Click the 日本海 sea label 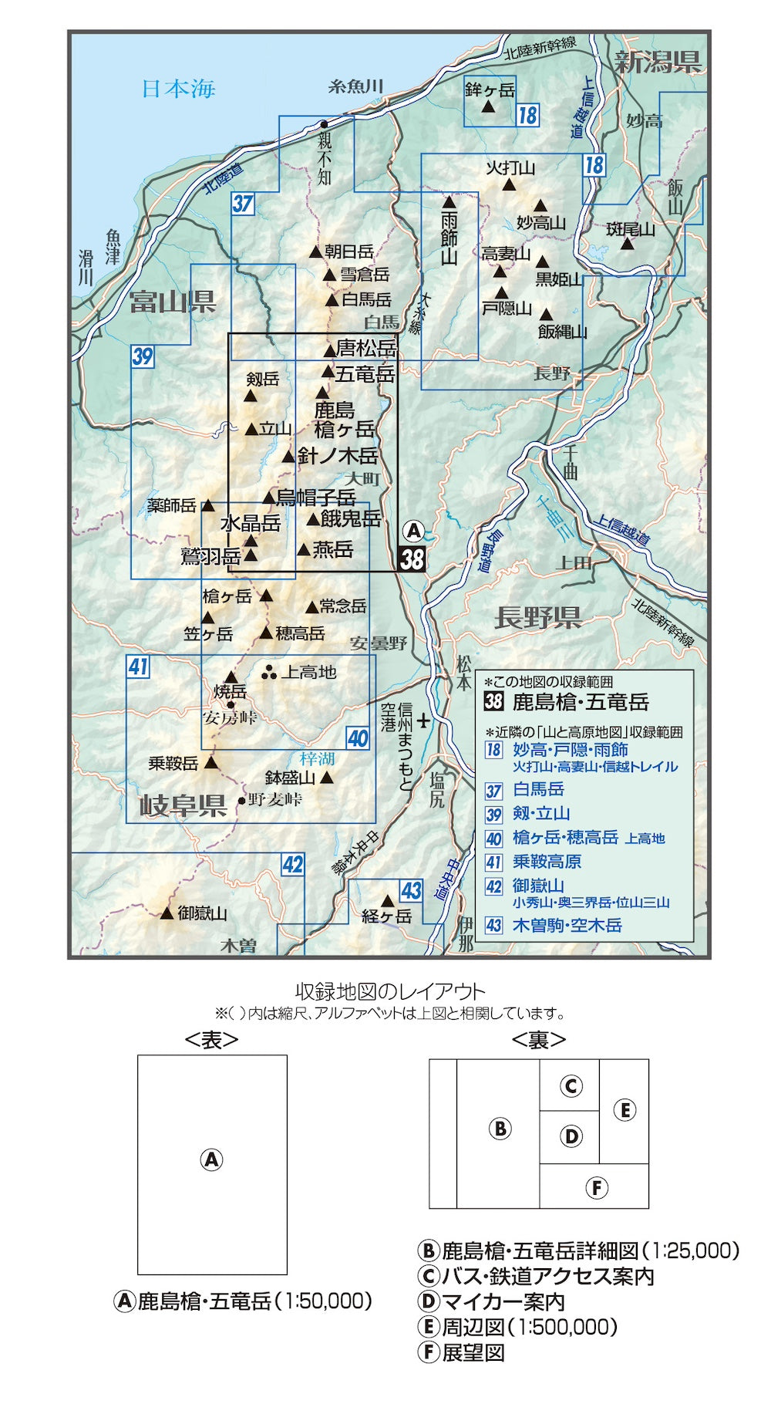pyautogui.click(x=178, y=89)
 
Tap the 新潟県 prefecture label pyautogui.click(x=658, y=62)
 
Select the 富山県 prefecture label pyautogui.click(x=171, y=301)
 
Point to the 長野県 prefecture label pyautogui.click(x=537, y=617)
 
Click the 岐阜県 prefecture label pyautogui.click(x=183, y=805)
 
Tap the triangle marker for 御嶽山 pyautogui.click(x=167, y=913)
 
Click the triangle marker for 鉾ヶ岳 pyautogui.click(x=488, y=106)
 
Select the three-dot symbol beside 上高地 pyautogui.click(x=269, y=673)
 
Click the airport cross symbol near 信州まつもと pyautogui.click(x=423, y=722)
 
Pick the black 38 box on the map pyautogui.click(x=412, y=558)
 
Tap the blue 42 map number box pyautogui.click(x=292, y=864)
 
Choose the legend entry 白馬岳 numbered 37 pyautogui.click(x=538, y=789)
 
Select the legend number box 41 pyautogui.click(x=493, y=862)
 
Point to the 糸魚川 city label pyautogui.click(x=355, y=86)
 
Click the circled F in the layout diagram pyautogui.click(x=596, y=1187)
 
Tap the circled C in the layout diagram pyautogui.click(x=571, y=1086)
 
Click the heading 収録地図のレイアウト pyautogui.click(x=390, y=992)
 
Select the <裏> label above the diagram pyautogui.click(x=538, y=1040)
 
